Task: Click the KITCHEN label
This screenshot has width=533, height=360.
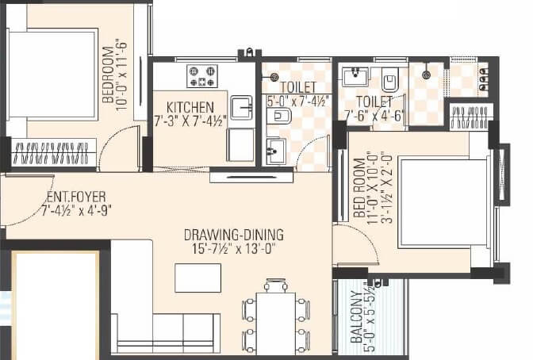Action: [190, 107]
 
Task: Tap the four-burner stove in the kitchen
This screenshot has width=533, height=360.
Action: [201, 76]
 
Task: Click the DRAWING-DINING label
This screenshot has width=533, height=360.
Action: [233, 235]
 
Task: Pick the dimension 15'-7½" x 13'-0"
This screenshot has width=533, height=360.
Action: [234, 250]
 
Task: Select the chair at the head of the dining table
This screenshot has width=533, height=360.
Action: [275, 285]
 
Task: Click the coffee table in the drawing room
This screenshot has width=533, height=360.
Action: [197, 278]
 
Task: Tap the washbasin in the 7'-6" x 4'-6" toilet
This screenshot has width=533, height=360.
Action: [354, 76]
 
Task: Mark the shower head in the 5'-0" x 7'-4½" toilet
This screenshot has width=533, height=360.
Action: [274, 77]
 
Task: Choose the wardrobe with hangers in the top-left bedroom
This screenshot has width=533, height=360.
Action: [54, 152]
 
